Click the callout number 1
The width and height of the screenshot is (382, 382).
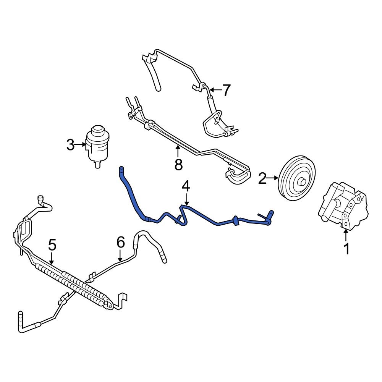346,249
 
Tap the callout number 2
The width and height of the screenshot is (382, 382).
262,178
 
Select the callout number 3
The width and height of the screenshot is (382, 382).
70,145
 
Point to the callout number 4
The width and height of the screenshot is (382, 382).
186,186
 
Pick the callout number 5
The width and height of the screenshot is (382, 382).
52,244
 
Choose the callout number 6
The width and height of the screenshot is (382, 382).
120,242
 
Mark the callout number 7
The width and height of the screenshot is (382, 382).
227,91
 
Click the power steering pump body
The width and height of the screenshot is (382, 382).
342,206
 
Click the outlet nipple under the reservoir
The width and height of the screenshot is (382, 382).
97,165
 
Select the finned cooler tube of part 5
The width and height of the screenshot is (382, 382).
73,285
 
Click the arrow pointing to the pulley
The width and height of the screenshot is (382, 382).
274,178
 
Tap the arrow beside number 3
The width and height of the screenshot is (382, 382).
81,145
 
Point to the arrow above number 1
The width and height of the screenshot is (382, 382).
346,235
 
